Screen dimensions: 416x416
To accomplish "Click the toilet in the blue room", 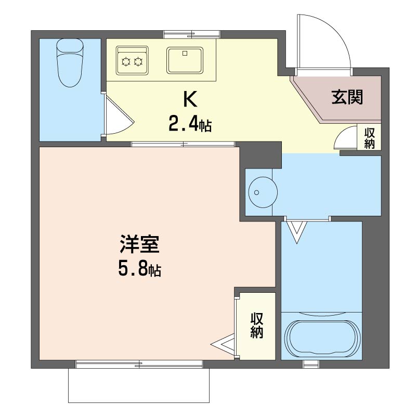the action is pyautogui.click(x=70, y=62).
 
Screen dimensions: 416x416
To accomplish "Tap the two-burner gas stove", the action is pyautogui.click(x=132, y=60).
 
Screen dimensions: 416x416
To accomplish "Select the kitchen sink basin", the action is pyautogui.click(x=185, y=60).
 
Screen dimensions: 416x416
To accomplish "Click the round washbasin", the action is pyautogui.click(x=263, y=192).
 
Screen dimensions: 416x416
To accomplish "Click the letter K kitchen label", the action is pyautogui.click(x=190, y=99).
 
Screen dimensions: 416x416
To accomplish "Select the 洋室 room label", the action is pyautogui.click(x=139, y=244).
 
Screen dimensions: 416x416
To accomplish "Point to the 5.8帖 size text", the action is pyautogui.click(x=139, y=269).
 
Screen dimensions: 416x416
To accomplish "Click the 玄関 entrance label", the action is pyautogui.click(x=347, y=97).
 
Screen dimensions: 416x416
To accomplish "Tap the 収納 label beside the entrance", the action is pyautogui.click(x=369, y=138).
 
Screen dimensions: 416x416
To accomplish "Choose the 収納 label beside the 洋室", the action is pyautogui.click(x=256, y=326).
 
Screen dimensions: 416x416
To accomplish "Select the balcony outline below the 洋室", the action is pyautogui.click(x=139, y=385).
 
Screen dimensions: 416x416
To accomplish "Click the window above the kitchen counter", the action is pyautogui.click(x=192, y=34).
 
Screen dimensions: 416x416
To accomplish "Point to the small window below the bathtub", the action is pyautogui.click(x=311, y=364).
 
